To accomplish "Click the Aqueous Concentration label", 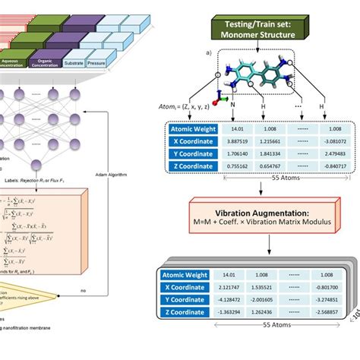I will coord(14,64).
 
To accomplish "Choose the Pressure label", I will coord(96,64).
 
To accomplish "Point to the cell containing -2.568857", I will coord(330,311).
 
